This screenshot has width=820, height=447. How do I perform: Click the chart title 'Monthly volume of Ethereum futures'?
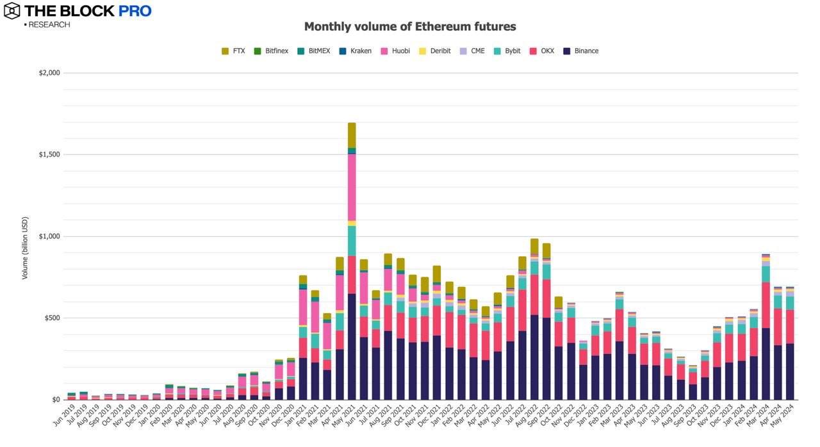pos(409,27)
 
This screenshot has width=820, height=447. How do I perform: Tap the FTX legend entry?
pos(233,51)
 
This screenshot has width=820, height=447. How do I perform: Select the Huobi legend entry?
pos(395,51)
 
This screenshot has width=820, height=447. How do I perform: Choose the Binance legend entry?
pos(580,51)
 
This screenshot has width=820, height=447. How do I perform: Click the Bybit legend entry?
pos(505,51)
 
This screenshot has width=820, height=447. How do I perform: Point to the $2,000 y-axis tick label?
pos(49,73)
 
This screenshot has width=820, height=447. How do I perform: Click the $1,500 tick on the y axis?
pos(49,155)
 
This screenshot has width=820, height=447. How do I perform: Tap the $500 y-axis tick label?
pos(52,318)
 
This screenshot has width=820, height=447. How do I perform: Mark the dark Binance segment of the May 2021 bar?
pos(352,346)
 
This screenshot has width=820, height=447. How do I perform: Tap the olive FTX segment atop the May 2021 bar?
pos(352,134)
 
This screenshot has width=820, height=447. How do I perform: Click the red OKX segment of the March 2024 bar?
pos(766,305)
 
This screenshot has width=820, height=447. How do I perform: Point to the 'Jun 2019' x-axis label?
pos(61,416)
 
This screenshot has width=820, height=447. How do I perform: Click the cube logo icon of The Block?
pos(12,11)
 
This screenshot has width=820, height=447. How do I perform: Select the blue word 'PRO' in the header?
pos(135,11)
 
